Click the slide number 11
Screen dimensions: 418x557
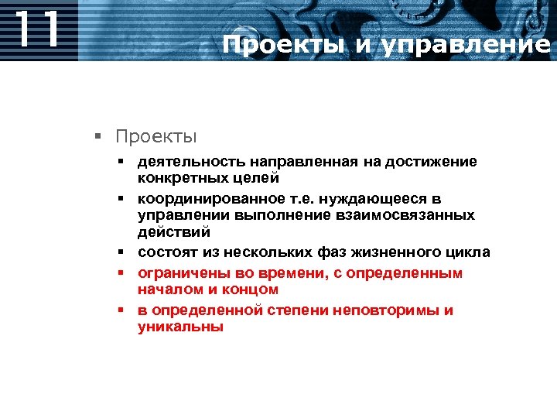[36, 29]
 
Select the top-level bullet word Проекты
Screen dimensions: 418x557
[156, 137]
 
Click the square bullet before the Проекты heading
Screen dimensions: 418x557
[98, 138]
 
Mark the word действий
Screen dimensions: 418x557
[174, 231]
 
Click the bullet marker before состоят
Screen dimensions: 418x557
[121, 252]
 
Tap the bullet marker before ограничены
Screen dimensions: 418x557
[121, 273]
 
